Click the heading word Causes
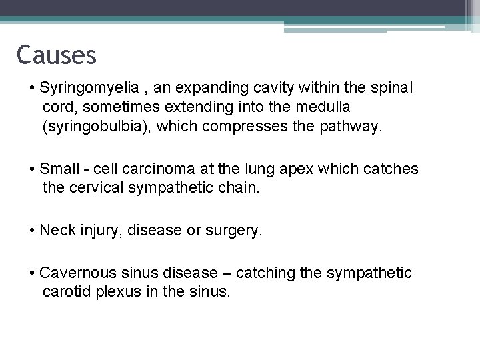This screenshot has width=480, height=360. click(x=57, y=54)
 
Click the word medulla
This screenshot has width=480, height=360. click(x=320, y=107)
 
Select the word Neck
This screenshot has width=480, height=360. click(x=55, y=231)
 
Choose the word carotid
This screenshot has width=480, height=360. click(x=65, y=291)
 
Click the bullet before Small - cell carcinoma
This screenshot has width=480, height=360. click(x=33, y=170)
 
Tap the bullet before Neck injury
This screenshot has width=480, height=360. click(x=33, y=231)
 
